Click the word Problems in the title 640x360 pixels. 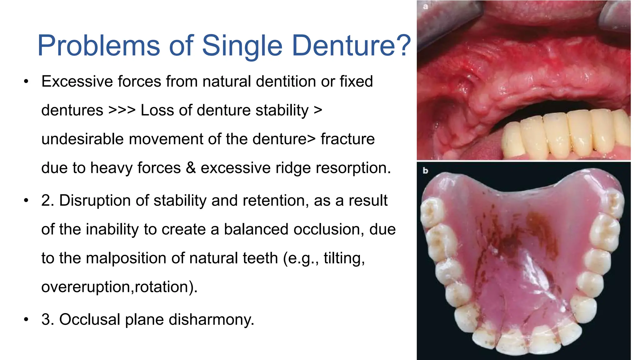pyautogui.click(x=98, y=46)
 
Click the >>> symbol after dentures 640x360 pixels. pyautogui.click(x=122, y=110)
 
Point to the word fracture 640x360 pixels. pyautogui.click(x=347, y=139)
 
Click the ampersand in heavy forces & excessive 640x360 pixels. pyautogui.click(x=191, y=168)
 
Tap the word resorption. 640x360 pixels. pyautogui.click(x=353, y=168)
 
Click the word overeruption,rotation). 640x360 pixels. pyautogui.click(x=119, y=287)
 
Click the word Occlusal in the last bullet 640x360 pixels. pyautogui.click(x=90, y=320)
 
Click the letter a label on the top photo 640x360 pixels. pyautogui.click(x=425, y=6)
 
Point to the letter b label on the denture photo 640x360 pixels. pyautogui.click(x=425, y=171)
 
